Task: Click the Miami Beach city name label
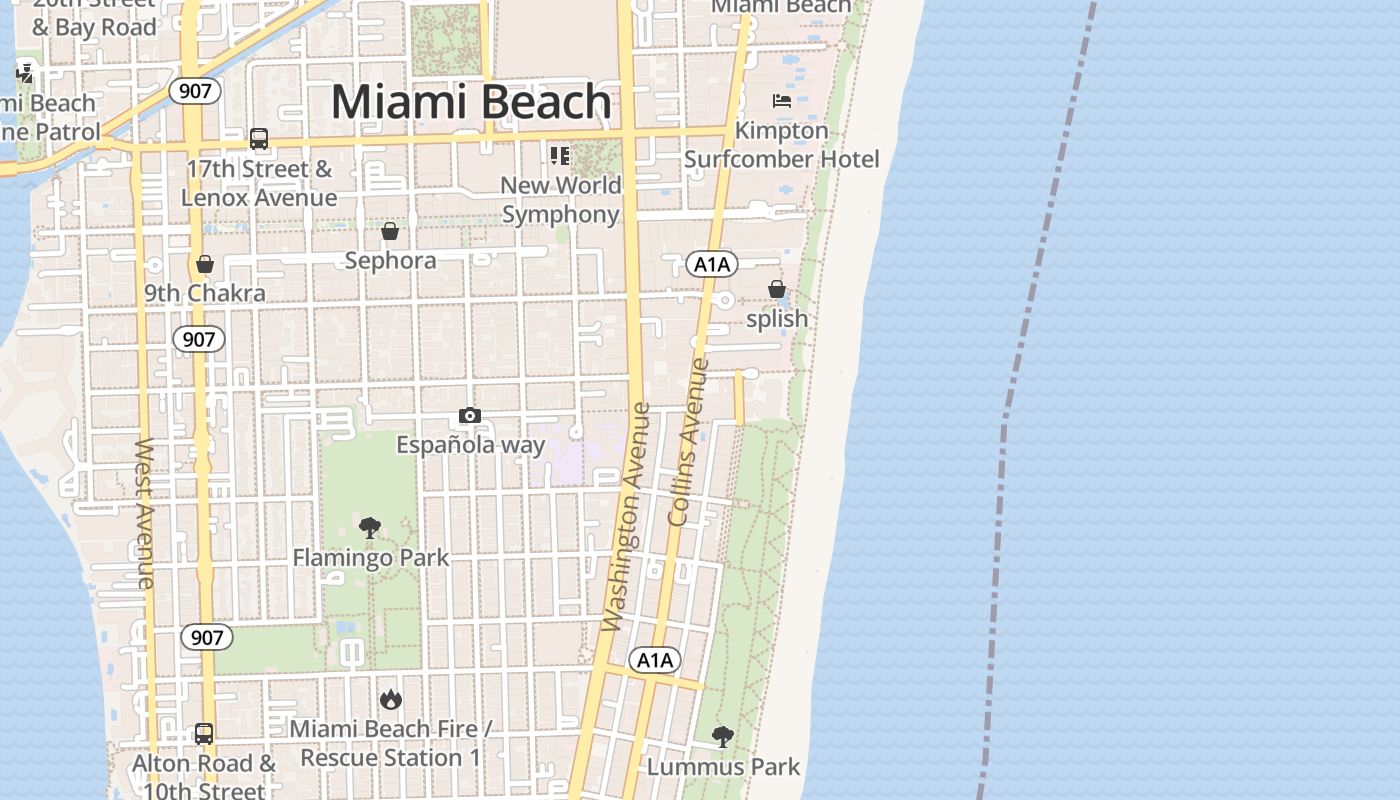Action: pyautogui.click(x=471, y=102)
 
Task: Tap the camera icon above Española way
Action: pyautogui.click(x=470, y=415)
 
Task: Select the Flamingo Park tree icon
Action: pyautogui.click(x=370, y=527)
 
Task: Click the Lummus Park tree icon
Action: pyautogui.click(x=722, y=737)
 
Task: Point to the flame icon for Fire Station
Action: pyautogui.click(x=390, y=698)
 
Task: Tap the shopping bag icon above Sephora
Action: pyautogui.click(x=390, y=231)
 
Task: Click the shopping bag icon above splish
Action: pyautogui.click(x=777, y=289)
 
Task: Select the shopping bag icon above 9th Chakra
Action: pyautogui.click(x=205, y=264)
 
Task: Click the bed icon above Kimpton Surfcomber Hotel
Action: pyautogui.click(x=782, y=100)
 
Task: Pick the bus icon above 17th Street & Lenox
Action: pyautogui.click(x=259, y=139)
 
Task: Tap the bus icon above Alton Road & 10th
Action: pyautogui.click(x=204, y=734)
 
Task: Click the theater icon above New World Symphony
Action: pyautogui.click(x=559, y=155)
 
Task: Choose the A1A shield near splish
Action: pyautogui.click(x=712, y=264)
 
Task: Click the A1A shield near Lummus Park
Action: pyautogui.click(x=655, y=660)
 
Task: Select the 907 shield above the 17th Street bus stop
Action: pyautogui.click(x=196, y=91)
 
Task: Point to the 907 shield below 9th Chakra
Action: pyautogui.click(x=199, y=339)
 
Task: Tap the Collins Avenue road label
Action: pyautogui.click(x=688, y=442)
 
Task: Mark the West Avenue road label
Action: pyautogui.click(x=145, y=512)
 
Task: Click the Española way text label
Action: pyautogui.click(x=471, y=444)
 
